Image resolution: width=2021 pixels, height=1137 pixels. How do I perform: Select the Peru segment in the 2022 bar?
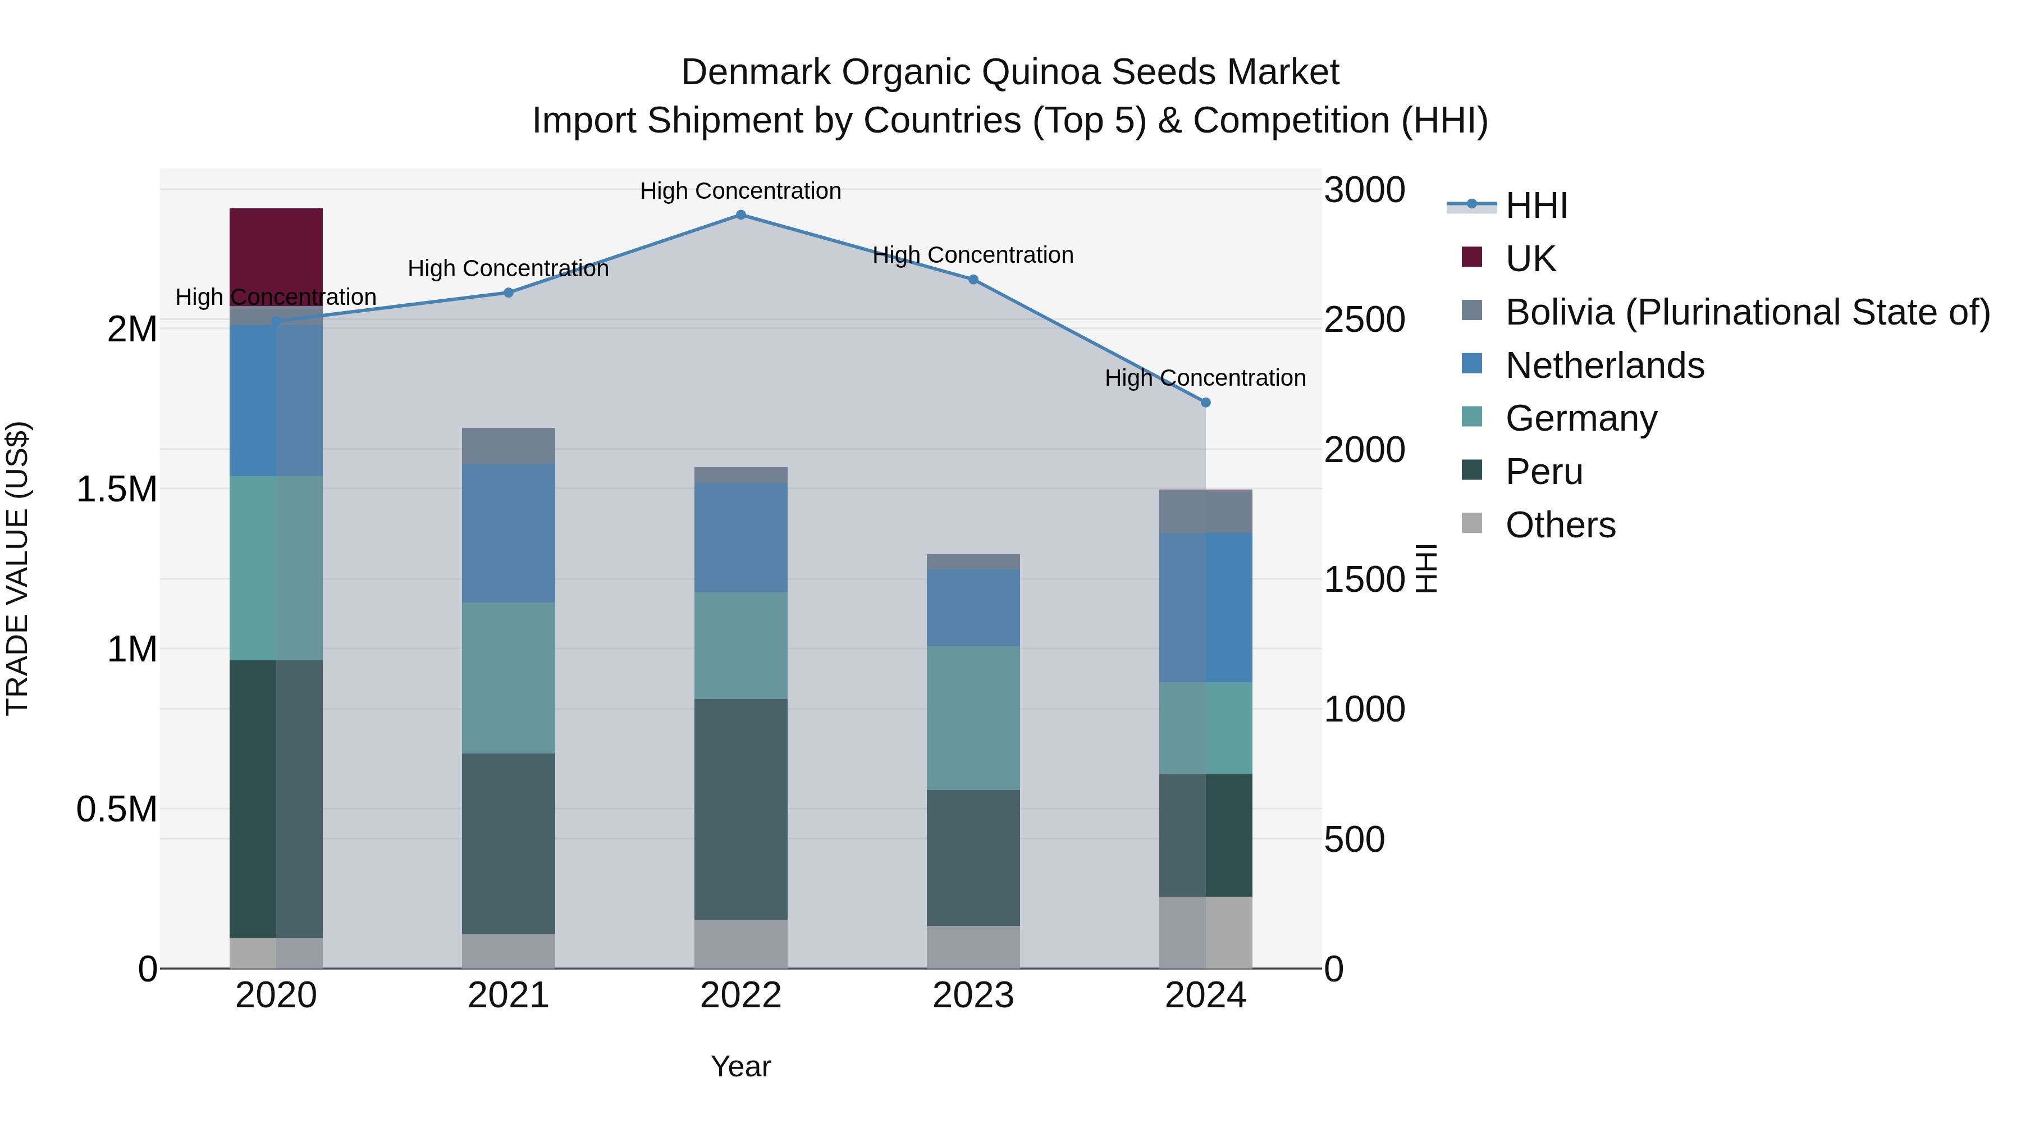740,808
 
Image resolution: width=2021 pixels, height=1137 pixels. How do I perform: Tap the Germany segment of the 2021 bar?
507,678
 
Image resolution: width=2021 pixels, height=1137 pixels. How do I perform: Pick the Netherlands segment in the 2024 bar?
1205,608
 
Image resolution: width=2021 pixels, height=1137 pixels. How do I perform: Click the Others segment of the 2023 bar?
973,947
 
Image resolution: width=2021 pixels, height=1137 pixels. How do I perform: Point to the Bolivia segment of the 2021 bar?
507,446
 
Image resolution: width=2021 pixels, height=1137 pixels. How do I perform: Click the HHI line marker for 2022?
740,215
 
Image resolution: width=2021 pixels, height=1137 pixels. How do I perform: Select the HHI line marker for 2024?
1206,403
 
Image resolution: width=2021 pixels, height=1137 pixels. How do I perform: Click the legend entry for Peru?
1543,472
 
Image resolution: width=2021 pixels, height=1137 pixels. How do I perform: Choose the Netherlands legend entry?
1604,366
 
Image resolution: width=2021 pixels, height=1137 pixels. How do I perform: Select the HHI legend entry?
1536,206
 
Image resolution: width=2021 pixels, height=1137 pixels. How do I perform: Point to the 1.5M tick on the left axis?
117,490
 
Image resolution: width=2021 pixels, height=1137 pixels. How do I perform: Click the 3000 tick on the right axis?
1364,191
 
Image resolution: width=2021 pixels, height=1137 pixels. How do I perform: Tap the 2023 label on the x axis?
973,996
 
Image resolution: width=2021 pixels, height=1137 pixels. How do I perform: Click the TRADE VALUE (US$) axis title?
18,568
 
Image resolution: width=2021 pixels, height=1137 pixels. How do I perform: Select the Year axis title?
740,1066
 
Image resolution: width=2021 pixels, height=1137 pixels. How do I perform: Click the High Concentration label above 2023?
973,255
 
